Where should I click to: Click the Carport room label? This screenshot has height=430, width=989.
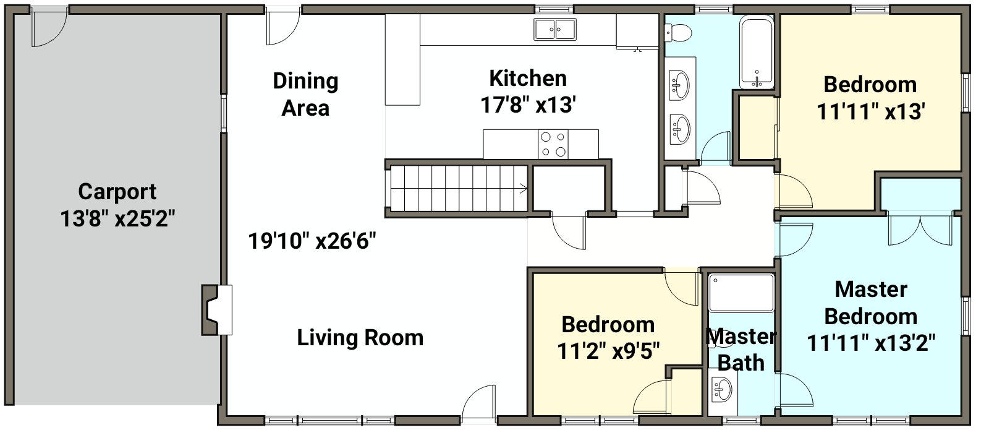click(117, 192)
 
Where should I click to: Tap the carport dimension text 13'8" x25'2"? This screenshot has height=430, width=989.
click(117, 218)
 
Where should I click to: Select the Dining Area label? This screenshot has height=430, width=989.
click(305, 94)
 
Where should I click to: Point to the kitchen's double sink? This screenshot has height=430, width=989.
click(555, 30)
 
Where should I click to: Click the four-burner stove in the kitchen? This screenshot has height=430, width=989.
click(553, 144)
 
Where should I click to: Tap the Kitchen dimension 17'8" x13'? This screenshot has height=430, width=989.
click(528, 105)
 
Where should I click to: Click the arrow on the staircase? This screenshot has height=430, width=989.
click(523, 189)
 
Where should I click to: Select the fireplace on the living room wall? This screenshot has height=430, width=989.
click(217, 310)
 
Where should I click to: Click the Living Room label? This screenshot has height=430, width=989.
click(360, 338)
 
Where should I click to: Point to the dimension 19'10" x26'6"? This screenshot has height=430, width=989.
click(312, 241)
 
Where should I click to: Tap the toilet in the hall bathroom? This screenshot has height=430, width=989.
click(678, 32)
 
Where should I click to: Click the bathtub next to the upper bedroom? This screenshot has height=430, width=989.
click(757, 52)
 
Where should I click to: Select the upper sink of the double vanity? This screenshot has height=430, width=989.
click(679, 85)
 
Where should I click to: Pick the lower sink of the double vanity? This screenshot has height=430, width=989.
click(679, 129)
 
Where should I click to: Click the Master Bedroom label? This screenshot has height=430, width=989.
click(871, 303)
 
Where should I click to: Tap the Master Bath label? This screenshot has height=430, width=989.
click(741, 350)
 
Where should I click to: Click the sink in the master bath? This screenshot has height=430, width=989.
click(722, 390)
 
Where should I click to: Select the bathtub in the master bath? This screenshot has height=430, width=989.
click(741, 293)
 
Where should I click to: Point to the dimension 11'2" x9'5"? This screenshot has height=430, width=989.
click(608, 352)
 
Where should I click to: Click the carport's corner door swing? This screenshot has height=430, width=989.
click(49, 28)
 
